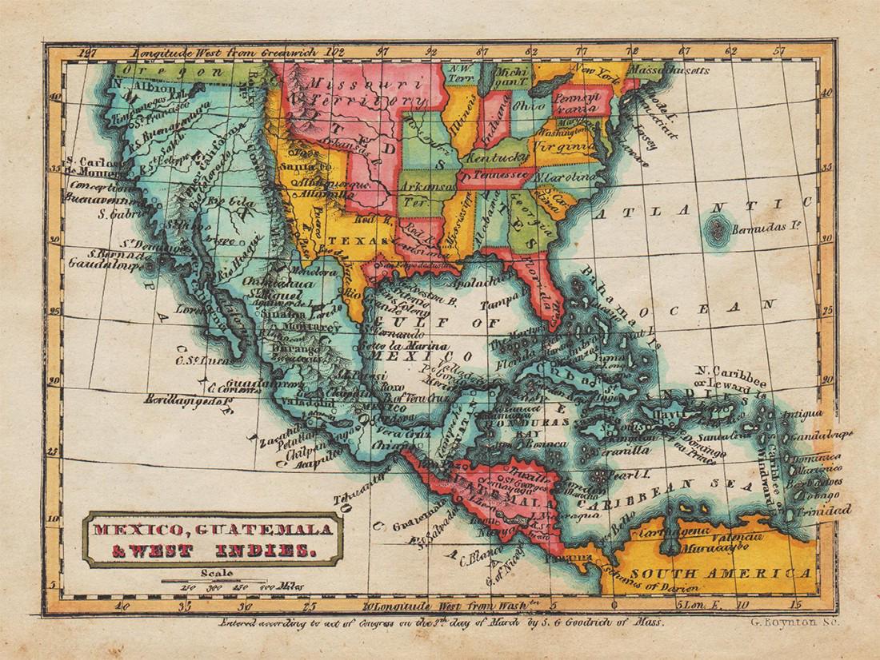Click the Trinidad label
(824, 509)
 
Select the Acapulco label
(295, 463)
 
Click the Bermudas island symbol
(714, 232)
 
